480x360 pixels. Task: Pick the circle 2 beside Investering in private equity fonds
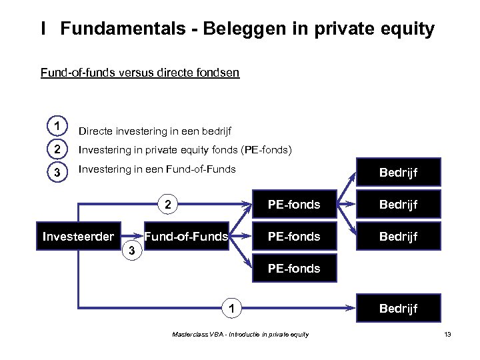click(58, 149)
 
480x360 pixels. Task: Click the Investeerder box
click(79, 236)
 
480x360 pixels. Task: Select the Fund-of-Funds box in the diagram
click(187, 236)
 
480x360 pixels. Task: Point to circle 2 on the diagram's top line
click(169, 204)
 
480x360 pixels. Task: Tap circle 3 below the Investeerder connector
click(132, 251)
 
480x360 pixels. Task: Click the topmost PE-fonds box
click(293, 204)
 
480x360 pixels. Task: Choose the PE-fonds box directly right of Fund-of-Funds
click(293, 236)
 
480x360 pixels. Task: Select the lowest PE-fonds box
click(293, 269)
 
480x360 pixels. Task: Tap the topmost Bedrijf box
click(398, 173)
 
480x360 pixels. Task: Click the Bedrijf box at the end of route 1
click(398, 308)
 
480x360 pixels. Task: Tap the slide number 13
click(447, 334)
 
